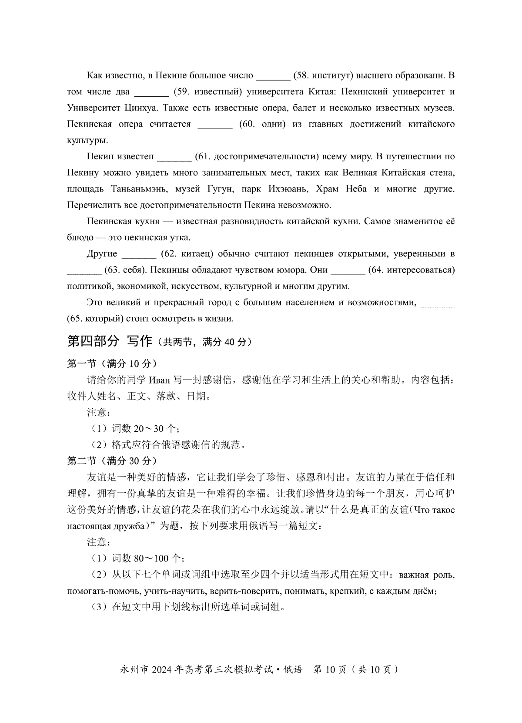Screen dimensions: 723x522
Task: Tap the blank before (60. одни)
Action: [x=215, y=125]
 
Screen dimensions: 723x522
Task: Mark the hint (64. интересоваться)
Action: [x=411, y=270]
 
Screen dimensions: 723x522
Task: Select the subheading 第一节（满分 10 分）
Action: [x=112, y=363]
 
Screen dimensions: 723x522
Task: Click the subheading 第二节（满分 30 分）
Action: [x=112, y=461]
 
